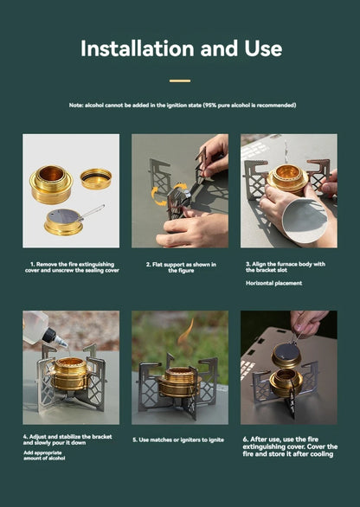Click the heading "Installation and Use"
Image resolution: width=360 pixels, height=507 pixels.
(180, 48)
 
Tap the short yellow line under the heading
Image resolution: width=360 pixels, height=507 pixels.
(180, 80)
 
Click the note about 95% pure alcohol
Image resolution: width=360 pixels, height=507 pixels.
(182, 105)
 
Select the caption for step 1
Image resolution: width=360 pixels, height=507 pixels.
(71, 267)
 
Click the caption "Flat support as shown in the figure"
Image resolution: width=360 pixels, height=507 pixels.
(180, 267)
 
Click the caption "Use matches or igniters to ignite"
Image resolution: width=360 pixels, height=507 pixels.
(180, 440)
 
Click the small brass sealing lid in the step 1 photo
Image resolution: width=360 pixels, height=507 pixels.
(95, 178)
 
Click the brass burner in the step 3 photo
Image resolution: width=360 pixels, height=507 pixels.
(286, 179)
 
